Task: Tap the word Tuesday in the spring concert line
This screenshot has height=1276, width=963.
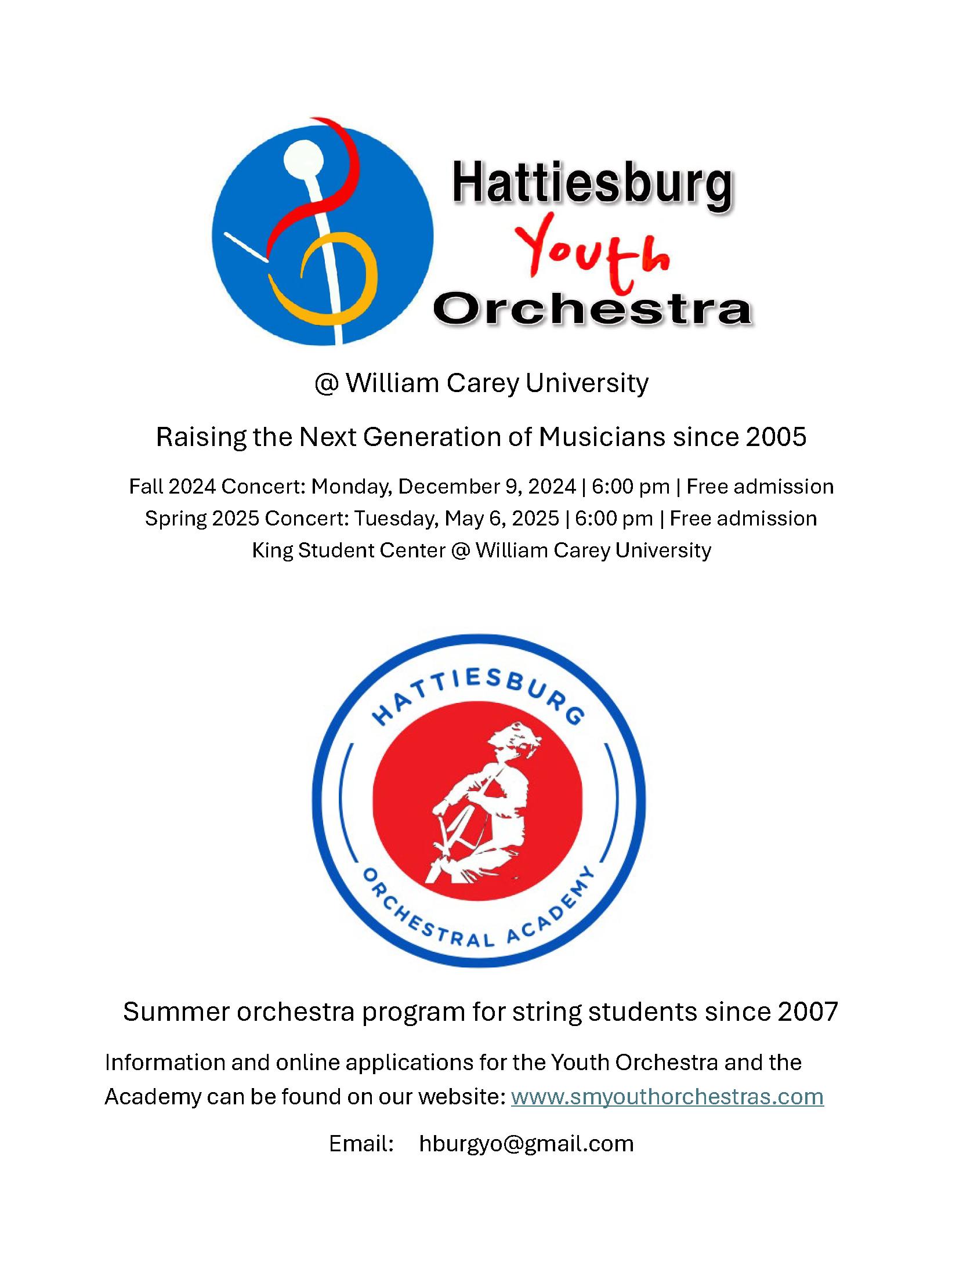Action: (x=395, y=518)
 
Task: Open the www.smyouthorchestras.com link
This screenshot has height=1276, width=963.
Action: (x=667, y=1097)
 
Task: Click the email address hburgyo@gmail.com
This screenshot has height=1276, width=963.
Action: (x=526, y=1144)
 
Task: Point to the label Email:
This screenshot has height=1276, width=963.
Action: (x=361, y=1144)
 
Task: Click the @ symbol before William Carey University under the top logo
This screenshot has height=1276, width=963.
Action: (x=327, y=383)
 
